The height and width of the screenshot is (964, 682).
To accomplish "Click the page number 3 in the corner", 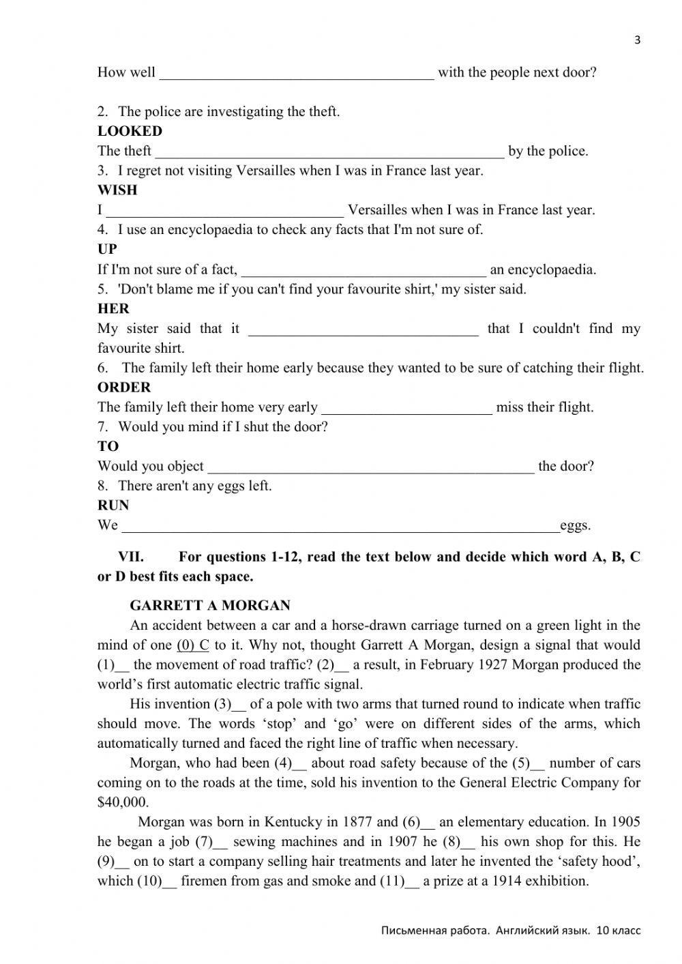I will click(638, 40).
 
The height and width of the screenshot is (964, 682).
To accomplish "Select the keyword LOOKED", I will click(130, 131).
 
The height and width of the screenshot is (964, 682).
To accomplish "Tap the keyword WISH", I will click(117, 190).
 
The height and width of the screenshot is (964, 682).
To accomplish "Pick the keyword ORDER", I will click(123, 387).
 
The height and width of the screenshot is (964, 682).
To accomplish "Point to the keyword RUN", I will click(113, 505).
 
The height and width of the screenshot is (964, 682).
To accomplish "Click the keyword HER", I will click(113, 308).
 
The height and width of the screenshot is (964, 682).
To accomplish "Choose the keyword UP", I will click(107, 249).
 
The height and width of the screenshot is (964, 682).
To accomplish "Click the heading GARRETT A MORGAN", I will click(210, 605).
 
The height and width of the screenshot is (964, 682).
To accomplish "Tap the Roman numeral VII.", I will click(131, 557).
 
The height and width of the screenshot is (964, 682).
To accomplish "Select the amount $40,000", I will click(123, 802).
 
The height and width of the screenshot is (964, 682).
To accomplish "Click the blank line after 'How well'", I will click(297, 74).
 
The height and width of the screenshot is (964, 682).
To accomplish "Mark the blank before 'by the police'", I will click(329, 152).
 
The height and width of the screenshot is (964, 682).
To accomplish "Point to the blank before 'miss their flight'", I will click(406, 409).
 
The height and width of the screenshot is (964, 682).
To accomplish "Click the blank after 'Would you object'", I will click(370, 467).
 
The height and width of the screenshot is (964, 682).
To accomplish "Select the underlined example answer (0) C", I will click(193, 645).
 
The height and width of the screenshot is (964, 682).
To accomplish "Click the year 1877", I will click(358, 821).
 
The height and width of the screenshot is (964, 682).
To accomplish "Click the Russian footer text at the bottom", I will click(511, 930).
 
